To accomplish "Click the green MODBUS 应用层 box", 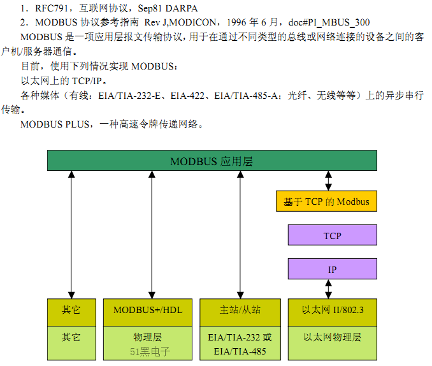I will click(212, 161).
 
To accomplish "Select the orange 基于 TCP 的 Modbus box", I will click(326, 201).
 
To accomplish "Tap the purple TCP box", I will click(332, 236).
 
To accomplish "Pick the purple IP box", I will click(332, 270).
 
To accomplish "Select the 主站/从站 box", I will click(240, 310).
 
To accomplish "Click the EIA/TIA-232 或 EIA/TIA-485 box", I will click(240, 344).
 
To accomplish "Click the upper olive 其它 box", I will click(71, 310).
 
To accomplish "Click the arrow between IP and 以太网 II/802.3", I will click(329, 288).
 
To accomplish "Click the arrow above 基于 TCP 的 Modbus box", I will click(329, 181).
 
